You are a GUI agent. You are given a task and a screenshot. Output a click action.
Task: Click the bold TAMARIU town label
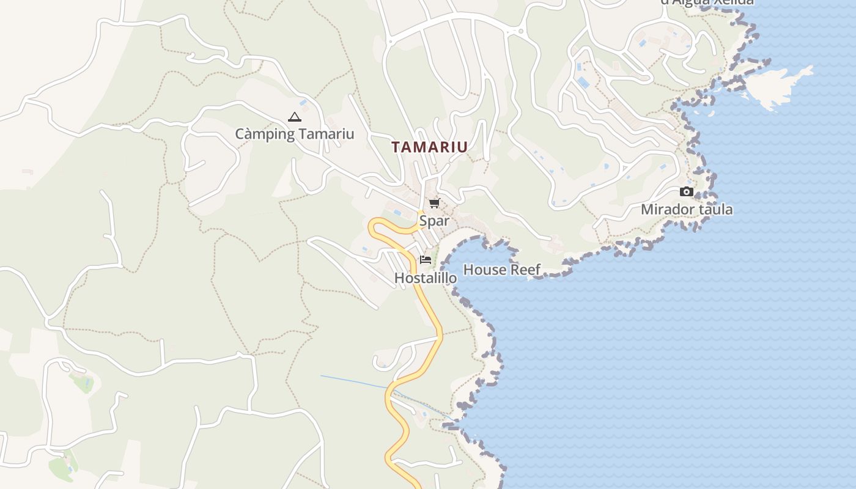tap(429, 147)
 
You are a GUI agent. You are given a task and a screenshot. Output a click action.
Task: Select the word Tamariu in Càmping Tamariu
tap(327, 134)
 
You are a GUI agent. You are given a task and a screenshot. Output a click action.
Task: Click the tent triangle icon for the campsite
tap(295, 117)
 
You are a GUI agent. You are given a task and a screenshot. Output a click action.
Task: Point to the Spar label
tap(434, 221)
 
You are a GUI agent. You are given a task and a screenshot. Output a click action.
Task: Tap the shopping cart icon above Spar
tap(434, 203)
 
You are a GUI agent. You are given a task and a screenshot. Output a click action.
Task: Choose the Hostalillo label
tap(426, 278)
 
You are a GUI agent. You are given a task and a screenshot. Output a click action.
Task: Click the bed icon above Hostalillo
tap(426, 260)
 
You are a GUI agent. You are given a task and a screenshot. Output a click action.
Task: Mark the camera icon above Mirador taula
tap(686, 192)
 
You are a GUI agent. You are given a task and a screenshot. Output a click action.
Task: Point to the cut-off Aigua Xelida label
tap(707, 2)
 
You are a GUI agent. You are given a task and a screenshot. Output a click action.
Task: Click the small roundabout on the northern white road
tap(521, 31)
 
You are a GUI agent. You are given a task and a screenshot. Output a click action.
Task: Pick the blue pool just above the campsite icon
tap(303, 103)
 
